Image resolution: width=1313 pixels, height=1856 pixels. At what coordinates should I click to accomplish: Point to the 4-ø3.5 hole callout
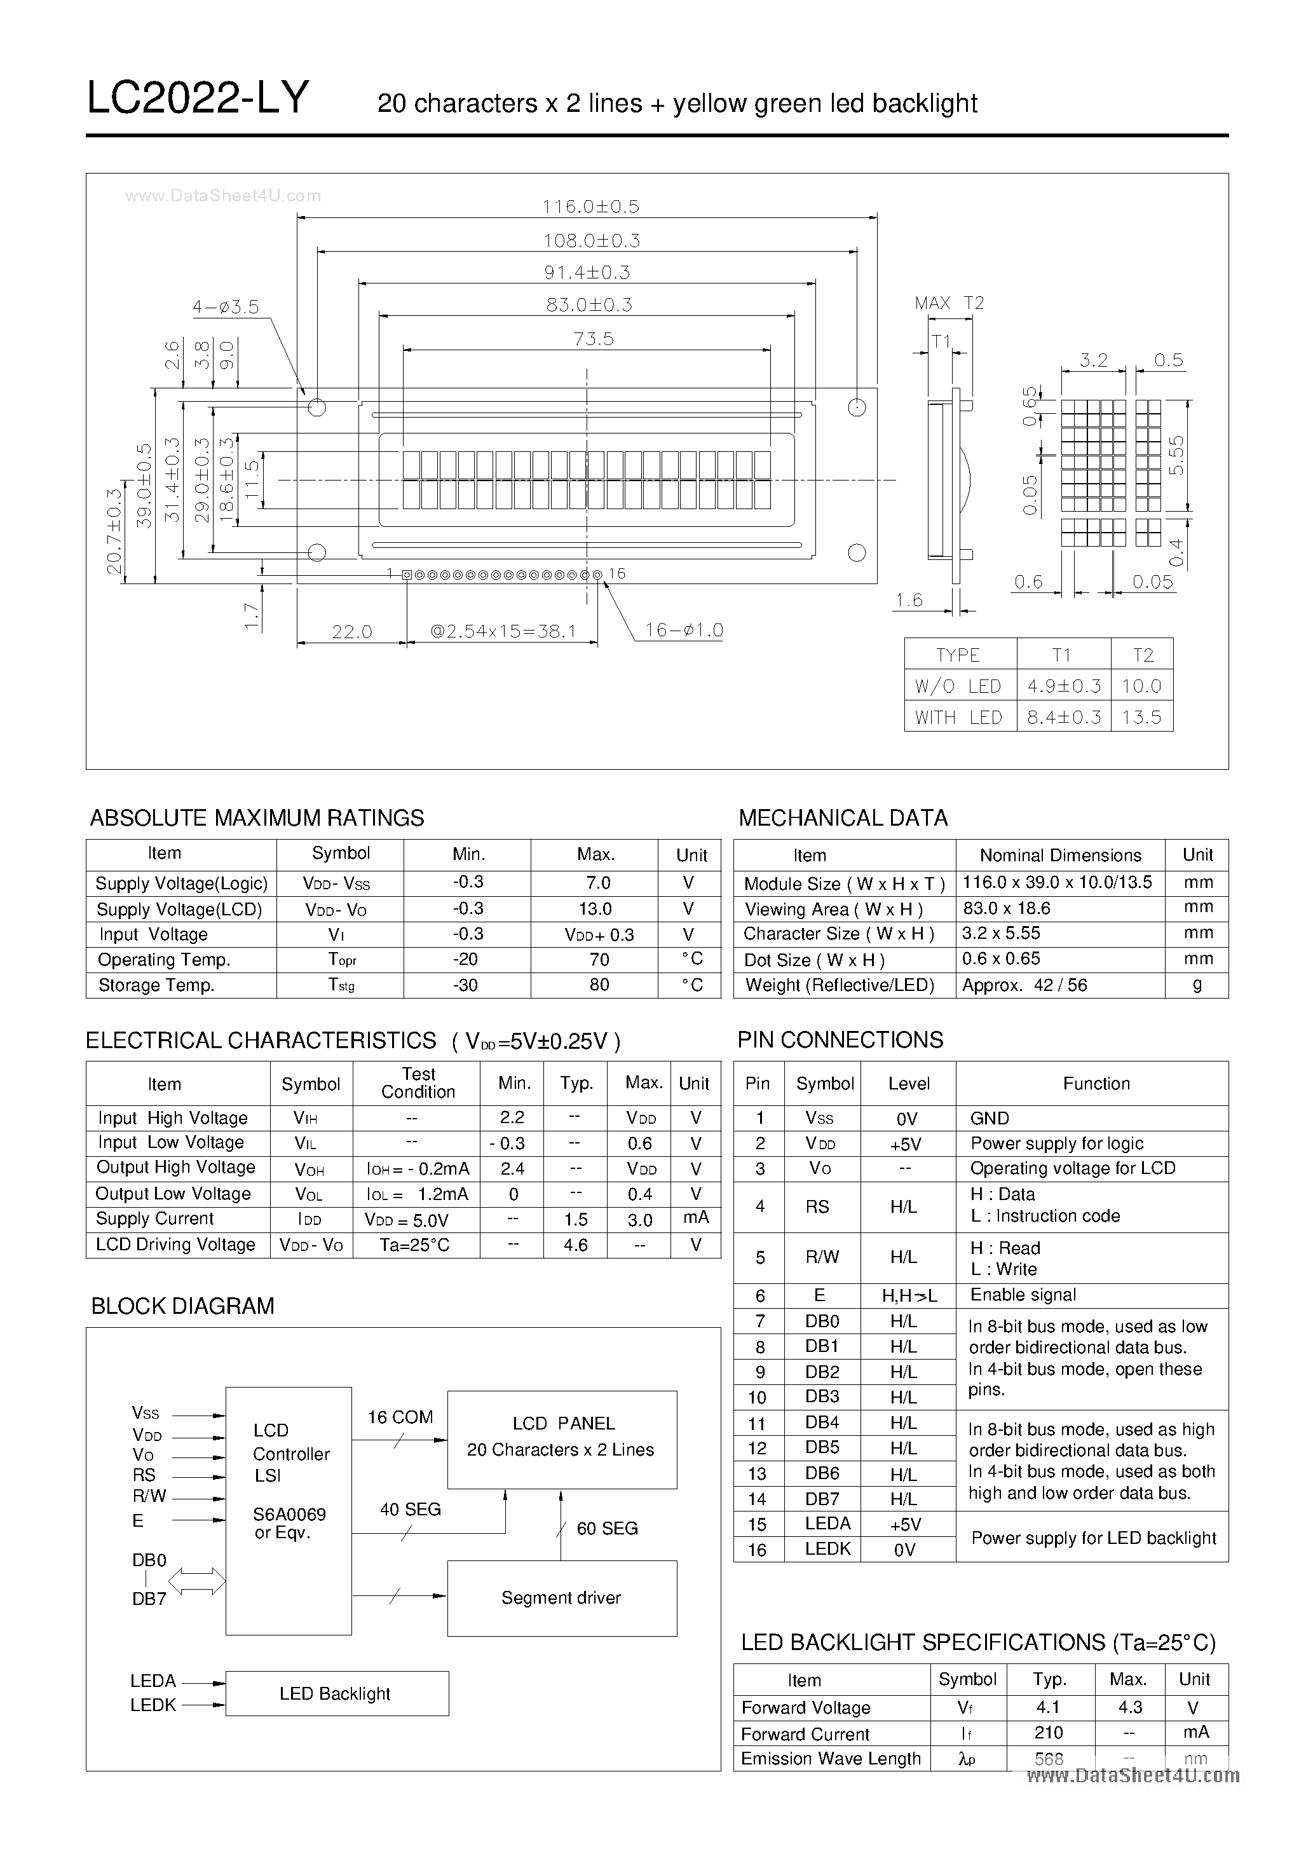(x=226, y=307)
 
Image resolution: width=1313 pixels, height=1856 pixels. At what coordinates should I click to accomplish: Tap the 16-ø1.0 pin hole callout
(x=683, y=631)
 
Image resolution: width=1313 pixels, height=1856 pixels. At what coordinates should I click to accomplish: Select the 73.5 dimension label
(x=594, y=339)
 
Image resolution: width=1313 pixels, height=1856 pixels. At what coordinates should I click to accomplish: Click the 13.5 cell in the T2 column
(x=1141, y=717)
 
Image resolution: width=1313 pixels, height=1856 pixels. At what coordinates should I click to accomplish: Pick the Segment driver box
(x=561, y=1597)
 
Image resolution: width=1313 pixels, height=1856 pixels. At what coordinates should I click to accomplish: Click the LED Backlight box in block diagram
(x=336, y=1693)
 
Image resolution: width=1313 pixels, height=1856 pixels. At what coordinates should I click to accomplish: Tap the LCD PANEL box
(x=561, y=1439)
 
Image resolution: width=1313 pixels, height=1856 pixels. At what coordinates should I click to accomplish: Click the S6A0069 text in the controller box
(x=289, y=1514)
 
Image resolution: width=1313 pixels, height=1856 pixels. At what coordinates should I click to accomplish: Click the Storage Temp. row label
(x=156, y=985)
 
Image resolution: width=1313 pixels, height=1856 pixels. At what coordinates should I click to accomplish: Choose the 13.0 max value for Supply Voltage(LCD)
(x=595, y=908)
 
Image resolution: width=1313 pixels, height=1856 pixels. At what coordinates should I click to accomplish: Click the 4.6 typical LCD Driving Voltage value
(x=576, y=1245)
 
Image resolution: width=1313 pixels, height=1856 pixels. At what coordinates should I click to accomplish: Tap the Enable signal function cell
(x=1023, y=1294)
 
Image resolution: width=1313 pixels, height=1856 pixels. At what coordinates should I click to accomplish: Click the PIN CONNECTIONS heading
(x=840, y=1040)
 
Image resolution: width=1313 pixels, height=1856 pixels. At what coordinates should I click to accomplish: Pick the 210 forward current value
(x=1049, y=1732)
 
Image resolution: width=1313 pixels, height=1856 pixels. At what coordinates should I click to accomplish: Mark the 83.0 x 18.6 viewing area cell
(x=1007, y=908)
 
